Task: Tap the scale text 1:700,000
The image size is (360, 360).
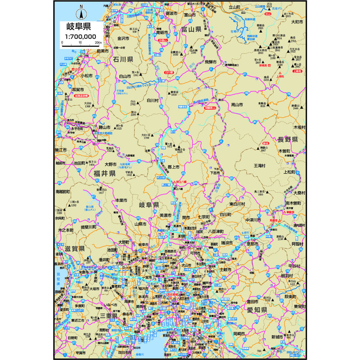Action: pos(81,36)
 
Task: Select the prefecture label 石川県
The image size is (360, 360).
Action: pos(122,59)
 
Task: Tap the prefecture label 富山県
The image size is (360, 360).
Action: pos(191,29)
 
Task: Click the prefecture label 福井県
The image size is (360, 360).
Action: pos(105,173)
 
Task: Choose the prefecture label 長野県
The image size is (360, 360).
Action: pos(288,139)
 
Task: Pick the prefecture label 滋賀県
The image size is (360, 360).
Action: pos(74,248)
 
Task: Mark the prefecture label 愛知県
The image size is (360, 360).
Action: pos(256,310)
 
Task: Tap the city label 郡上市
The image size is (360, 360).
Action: pos(173,167)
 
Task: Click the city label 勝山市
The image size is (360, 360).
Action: pos(104,127)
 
